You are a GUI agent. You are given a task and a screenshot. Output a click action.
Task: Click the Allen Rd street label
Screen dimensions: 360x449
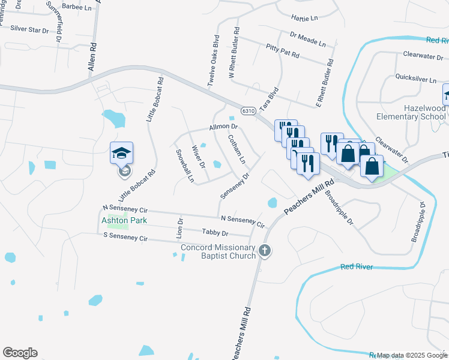[x=92, y=57]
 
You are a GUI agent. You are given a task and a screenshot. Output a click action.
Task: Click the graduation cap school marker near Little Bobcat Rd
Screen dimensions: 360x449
[x=121, y=154]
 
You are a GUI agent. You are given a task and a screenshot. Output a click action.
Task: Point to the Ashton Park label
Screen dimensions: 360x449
[x=124, y=220]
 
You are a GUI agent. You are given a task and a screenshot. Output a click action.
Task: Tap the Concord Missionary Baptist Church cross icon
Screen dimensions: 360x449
[x=265, y=250]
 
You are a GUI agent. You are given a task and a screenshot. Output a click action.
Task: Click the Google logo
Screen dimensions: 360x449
[x=20, y=353]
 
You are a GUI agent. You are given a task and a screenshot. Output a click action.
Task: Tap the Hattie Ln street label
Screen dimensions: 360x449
[x=304, y=19]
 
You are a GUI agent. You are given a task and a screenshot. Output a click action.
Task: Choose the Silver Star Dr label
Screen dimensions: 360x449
[x=29, y=29]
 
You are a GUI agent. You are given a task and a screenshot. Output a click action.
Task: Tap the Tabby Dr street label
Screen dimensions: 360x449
[x=215, y=233]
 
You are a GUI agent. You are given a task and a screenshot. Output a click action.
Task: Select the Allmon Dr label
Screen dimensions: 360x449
[x=224, y=127]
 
